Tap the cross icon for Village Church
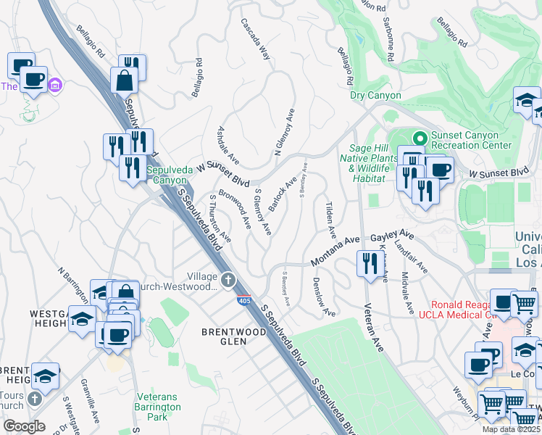click(x=228, y=279)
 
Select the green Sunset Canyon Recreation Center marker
click(x=419, y=136)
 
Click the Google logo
click(x=24, y=426)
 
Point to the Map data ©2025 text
click(x=511, y=429)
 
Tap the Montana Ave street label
click(x=335, y=251)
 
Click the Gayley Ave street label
click(x=392, y=237)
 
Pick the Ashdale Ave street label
click(x=228, y=144)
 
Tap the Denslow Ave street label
click(x=323, y=297)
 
